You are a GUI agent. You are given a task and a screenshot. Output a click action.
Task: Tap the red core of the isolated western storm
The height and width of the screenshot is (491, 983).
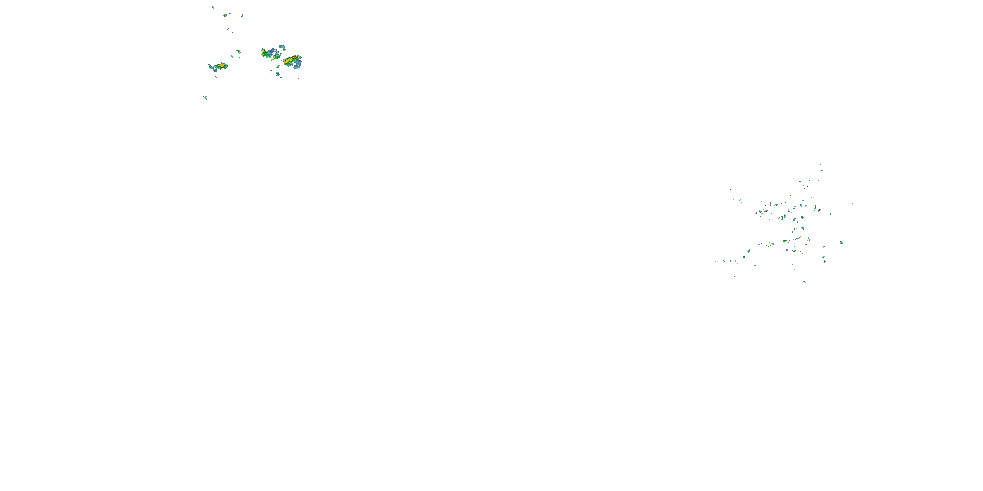221,66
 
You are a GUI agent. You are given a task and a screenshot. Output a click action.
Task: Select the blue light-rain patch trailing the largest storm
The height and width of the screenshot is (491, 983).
297,65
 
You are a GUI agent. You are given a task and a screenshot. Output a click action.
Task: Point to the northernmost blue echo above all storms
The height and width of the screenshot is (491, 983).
213,7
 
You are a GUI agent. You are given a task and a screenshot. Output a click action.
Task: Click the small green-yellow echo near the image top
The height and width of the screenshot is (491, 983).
225,15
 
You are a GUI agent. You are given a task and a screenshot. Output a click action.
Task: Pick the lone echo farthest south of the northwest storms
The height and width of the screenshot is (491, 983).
206,97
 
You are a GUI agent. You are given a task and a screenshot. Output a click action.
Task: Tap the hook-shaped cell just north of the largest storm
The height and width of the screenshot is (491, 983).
282,48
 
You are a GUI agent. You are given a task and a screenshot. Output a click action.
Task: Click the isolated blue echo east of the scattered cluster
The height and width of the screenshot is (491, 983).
841,243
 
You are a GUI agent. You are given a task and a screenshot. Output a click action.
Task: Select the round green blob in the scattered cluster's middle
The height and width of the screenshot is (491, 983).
803,228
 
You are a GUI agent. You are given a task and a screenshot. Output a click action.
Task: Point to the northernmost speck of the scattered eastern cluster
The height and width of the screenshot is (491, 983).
821,165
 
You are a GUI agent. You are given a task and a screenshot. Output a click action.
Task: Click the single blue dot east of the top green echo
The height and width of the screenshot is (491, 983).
242,16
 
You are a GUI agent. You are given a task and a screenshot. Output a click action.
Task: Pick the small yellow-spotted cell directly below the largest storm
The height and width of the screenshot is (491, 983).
278,74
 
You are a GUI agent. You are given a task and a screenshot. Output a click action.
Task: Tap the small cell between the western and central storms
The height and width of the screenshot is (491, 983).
239,51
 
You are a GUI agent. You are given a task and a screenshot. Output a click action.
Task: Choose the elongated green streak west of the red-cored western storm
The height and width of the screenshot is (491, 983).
211,67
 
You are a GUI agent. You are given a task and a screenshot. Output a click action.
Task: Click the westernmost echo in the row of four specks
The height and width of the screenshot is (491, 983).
716,262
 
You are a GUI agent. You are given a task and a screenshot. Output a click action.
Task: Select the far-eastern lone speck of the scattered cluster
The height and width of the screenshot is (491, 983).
853,204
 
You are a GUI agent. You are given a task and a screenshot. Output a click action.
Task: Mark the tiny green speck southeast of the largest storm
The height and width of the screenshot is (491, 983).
298,79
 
